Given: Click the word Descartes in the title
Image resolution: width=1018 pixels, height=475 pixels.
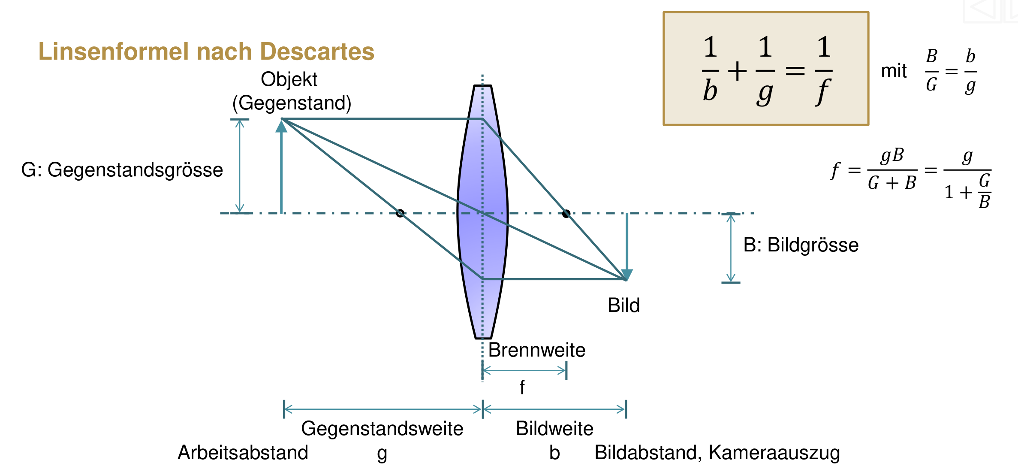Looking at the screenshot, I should pyautogui.click(x=317, y=51).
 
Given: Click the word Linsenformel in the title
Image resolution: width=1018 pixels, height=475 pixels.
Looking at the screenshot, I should pyautogui.click(x=114, y=51).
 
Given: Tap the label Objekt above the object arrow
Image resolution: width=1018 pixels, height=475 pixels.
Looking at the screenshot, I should pyautogui.click(x=289, y=79).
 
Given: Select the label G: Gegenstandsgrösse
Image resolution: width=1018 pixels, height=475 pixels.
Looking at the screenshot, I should pyautogui.click(x=122, y=170).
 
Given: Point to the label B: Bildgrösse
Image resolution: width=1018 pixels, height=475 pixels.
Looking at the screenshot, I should pyautogui.click(x=801, y=245).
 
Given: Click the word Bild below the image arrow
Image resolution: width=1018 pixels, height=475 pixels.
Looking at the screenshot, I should pyautogui.click(x=623, y=306).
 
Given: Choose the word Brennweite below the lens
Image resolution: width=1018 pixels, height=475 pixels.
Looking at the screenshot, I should pyautogui.click(x=536, y=350).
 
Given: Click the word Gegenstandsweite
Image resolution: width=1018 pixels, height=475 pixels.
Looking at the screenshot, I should pyautogui.click(x=382, y=429).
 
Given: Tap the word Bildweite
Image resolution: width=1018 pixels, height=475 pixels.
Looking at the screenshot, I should pyautogui.click(x=554, y=429).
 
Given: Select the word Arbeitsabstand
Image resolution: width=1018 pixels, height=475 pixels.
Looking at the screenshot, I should pyautogui.click(x=243, y=453).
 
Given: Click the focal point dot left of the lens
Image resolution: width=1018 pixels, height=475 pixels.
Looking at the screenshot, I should pyautogui.click(x=400, y=213).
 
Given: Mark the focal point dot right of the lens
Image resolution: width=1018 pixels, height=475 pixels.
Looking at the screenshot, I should pyautogui.click(x=566, y=213).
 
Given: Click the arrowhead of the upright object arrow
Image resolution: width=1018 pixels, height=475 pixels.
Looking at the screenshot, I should pyautogui.click(x=281, y=127).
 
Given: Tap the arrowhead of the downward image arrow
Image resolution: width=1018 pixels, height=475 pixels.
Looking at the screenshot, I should pyautogui.click(x=627, y=275).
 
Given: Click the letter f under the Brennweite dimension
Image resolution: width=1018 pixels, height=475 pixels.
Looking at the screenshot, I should pyautogui.click(x=522, y=387).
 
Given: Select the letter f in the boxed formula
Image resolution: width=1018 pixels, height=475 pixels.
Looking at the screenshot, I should pyautogui.click(x=823, y=91).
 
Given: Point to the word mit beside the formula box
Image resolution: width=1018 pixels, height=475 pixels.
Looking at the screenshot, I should pyautogui.click(x=894, y=71).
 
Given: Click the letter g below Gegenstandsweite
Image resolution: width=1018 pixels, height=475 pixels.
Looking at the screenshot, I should pyautogui.click(x=382, y=454).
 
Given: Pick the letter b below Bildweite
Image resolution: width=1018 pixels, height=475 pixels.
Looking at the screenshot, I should pyautogui.click(x=554, y=453).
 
